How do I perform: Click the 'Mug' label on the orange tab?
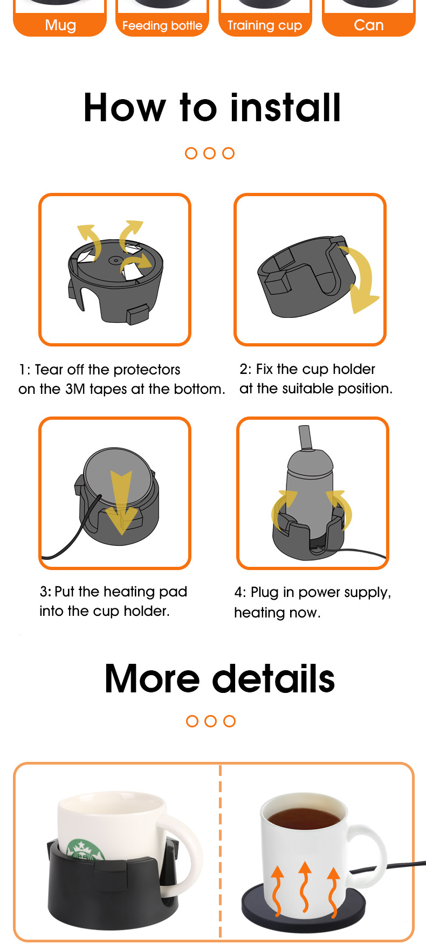60,25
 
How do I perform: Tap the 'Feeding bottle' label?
162,26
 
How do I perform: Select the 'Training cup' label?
265,25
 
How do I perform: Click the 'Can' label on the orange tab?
369,25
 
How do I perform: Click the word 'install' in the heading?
286,108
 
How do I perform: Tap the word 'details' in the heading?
274,678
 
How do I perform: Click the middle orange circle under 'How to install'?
210,154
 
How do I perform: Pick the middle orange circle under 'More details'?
211,721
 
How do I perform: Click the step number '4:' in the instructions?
240,593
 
